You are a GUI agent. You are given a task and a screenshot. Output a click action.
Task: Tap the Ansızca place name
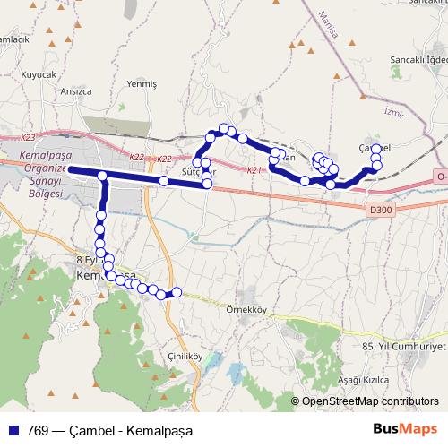pos(75,90)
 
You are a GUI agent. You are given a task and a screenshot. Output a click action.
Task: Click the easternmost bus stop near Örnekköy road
pos(177,292)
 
